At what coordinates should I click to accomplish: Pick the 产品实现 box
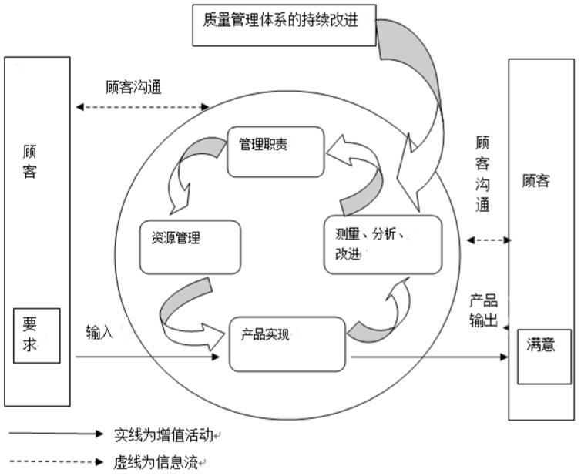[x=287, y=344]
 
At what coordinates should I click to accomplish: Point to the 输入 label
[x=99, y=333]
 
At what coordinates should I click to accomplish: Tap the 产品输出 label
[x=483, y=310]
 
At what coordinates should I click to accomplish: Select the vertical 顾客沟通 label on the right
[x=483, y=174]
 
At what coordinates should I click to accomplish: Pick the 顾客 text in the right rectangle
[x=536, y=182]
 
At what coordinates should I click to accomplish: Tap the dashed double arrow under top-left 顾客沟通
[x=142, y=107]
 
